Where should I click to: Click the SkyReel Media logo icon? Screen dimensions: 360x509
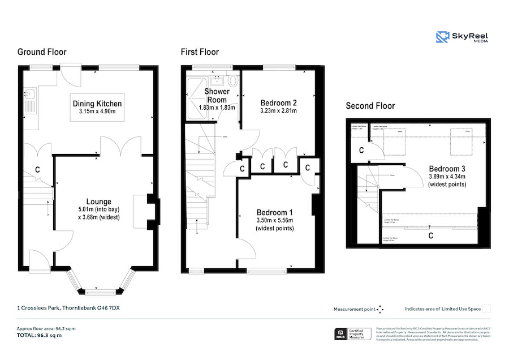coord(442,37)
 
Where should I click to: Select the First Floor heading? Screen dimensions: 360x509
coord(200,52)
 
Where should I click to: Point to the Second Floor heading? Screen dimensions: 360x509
coord(370,106)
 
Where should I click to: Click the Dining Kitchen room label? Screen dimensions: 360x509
coord(97,104)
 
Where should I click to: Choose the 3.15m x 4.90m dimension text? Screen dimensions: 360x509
coord(97,112)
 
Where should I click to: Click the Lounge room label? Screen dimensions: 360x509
coord(98,202)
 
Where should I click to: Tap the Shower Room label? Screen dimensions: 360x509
coord(217,96)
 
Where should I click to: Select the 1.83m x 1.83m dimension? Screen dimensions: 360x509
coord(217,108)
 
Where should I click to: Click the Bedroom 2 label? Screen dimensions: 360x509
coord(278,103)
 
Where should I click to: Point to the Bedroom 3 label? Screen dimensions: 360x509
coord(447,169)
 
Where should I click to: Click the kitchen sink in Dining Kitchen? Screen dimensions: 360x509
coord(30,94)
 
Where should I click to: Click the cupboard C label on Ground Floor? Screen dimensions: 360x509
coord(37,169)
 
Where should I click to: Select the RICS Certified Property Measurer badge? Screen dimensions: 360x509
coord(352,335)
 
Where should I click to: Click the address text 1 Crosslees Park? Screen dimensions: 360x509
coord(67,308)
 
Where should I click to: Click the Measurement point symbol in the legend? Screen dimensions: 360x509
coord(380,309)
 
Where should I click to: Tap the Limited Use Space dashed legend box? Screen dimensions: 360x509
coord(486,309)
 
